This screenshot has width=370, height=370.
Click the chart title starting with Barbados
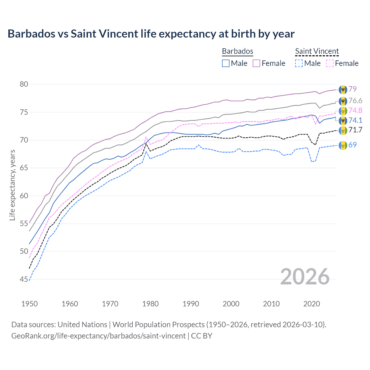[x=151, y=34]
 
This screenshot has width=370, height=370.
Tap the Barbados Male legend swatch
[x=226, y=63]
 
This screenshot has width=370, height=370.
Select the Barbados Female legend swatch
[x=256, y=63]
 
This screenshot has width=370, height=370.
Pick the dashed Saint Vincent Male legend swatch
[x=299, y=63]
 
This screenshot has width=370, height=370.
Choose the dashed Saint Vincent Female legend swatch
[x=330, y=63]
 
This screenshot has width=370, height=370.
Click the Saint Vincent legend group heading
[x=317, y=51]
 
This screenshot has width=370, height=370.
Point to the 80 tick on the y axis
[x=24, y=84]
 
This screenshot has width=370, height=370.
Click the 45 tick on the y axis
[x=24, y=279]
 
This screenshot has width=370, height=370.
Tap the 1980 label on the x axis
[x=150, y=304]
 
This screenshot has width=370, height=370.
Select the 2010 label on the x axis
[x=271, y=304]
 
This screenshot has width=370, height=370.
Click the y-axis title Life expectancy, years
[x=12, y=185]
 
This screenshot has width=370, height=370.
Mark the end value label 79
[x=352, y=89]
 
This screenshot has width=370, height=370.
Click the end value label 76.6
[x=355, y=101]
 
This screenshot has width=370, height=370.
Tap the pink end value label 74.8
[x=355, y=110]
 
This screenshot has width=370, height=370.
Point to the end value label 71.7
[x=355, y=130]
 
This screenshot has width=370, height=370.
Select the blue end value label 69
[x=352, y=145]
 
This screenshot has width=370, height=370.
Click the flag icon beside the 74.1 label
[x=343, y=121]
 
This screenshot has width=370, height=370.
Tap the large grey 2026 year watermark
[x=305, y=277]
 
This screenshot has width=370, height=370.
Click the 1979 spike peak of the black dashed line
[x=146, y=143]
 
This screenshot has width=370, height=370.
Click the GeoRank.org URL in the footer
[x=98, y=336]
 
